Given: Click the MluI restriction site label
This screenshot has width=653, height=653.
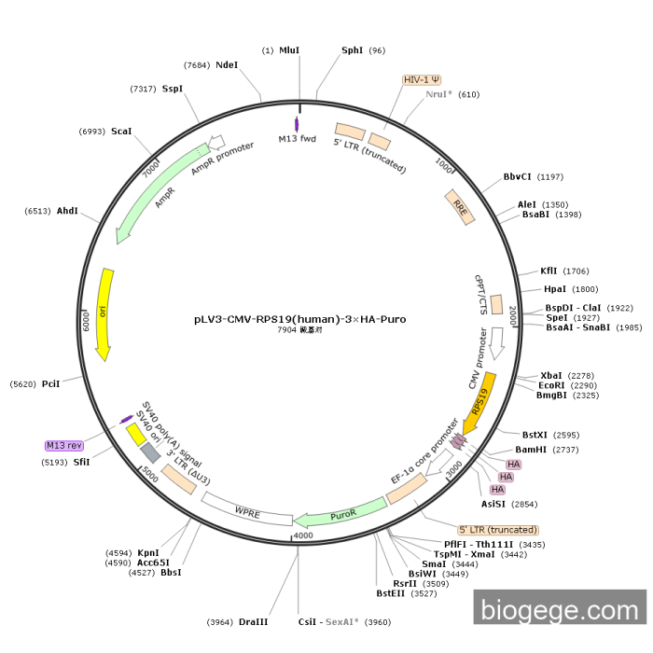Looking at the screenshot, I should [289, 49].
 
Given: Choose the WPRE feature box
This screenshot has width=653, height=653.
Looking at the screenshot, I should [247, 511].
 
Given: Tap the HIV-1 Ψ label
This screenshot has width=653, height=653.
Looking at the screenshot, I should [423, 80].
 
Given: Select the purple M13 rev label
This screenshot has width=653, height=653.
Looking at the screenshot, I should [64, 446].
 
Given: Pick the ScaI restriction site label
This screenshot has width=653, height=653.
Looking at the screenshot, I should [121, 132].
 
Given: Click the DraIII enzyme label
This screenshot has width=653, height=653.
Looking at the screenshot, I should [253, 621].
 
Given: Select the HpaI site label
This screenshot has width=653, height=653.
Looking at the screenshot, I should [555, 289].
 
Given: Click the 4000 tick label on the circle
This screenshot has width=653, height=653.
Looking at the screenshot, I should [303, 536].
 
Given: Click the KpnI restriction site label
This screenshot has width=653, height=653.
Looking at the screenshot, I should [148, 553].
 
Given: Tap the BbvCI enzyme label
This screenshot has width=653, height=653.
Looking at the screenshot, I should [517, 176].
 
